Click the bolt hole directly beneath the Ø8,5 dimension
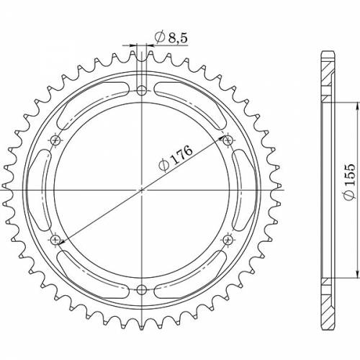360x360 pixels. (x=142, y=91)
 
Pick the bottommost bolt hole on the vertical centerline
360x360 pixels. (x=142, y=290)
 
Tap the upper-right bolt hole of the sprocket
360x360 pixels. (x=228, y=140)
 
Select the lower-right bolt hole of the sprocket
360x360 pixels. (x=228, y=240)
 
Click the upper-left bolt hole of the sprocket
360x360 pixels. (x=55, y=140)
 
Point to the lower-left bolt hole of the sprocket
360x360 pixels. (x=55, y=240)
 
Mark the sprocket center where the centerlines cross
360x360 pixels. (x=142, y=190)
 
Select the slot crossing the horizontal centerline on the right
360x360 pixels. (x=240, y=190)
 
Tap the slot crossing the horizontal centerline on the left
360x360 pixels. (x=44, y=190)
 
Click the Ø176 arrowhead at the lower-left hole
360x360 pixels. (x=60, y=237)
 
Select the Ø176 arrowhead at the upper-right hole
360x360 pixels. (x=223, y=143)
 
